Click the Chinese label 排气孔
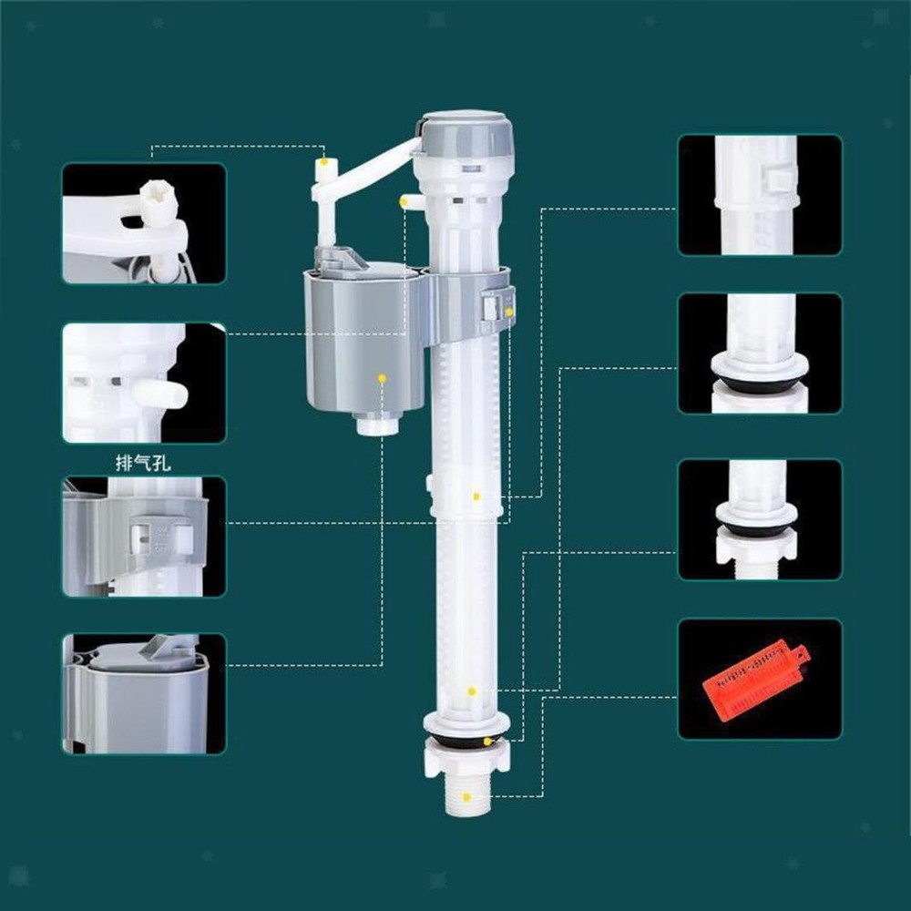pyautogui.click(x=143, y=464)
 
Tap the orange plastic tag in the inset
pyautogui.click(x=756, y=680)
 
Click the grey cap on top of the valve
pyautogui.click(x=466, y=136)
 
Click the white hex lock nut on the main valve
pyautogui.click(x=467, y=759)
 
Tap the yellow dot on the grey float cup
pyautogui.click(x=382, y=378)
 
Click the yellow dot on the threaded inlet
pyautogui.click(x=466, y=797)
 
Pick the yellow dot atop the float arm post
pyautogui.click(x=323, y=161)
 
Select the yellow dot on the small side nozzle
pyautogui.click(x=403, y=201)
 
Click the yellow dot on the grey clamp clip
pyautogui.click(x=509, y=312)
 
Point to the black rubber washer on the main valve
pyautogui.click(x=466, y=740)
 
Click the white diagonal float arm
pyautogui.click(x=366, y=169)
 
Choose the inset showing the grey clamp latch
pyautogui.click(x=144, y=537)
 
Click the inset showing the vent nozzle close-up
pyautogui.click(x=144, y=383)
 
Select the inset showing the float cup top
pyautogui.click(x=144, y=693)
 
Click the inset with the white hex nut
pyautogui.click(x=760, y=519)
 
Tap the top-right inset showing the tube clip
pyautogui.click(x=760, y=195)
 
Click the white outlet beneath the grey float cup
pyautogui.click(x=378, y=424)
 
